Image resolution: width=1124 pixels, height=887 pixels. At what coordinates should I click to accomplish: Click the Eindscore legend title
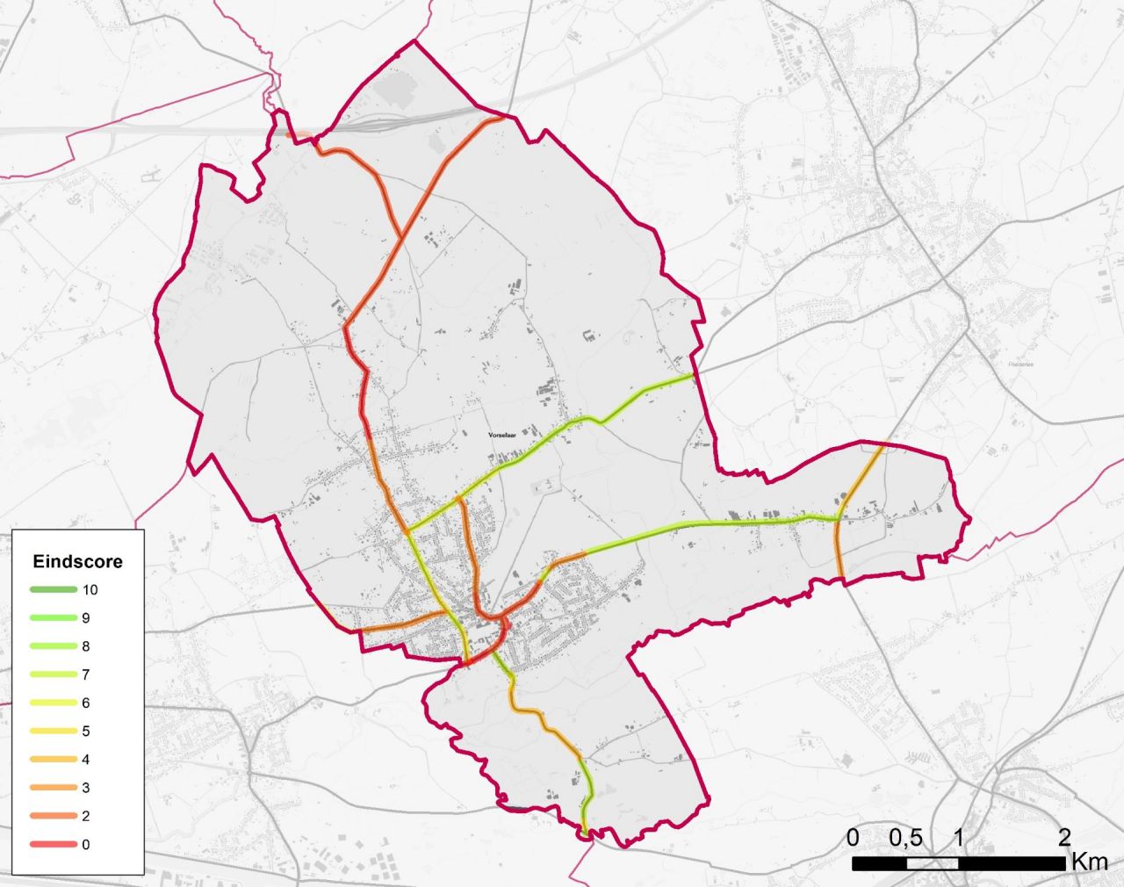[77, 561]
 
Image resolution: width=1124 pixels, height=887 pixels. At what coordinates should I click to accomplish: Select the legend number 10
[90, 590]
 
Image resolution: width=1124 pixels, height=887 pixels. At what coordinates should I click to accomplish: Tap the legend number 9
[86, 618]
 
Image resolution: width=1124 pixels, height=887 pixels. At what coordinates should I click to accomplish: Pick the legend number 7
[86, 674]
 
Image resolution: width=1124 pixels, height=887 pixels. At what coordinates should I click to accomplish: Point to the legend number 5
[86, 732]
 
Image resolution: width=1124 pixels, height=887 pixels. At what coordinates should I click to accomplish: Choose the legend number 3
[86, 788]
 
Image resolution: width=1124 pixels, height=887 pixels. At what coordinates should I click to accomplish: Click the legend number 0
[86, 845]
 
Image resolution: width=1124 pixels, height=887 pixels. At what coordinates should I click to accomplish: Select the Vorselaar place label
[505, 435]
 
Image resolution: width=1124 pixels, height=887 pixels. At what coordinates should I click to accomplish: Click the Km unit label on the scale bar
[1089, 862]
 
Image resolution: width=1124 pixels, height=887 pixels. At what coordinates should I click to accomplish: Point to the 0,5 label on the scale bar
[905, 838]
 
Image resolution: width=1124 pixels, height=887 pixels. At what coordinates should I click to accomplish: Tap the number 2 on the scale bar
[1064, 838]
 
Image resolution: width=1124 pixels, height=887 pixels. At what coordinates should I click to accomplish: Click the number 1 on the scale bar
[958, 838]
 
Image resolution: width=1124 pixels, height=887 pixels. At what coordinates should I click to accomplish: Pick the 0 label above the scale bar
[853, 838]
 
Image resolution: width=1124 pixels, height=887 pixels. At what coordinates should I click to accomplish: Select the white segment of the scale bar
[932, 863]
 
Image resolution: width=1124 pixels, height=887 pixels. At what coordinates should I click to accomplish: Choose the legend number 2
[86, 817]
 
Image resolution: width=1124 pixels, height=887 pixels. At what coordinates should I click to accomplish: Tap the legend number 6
[86, 703]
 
